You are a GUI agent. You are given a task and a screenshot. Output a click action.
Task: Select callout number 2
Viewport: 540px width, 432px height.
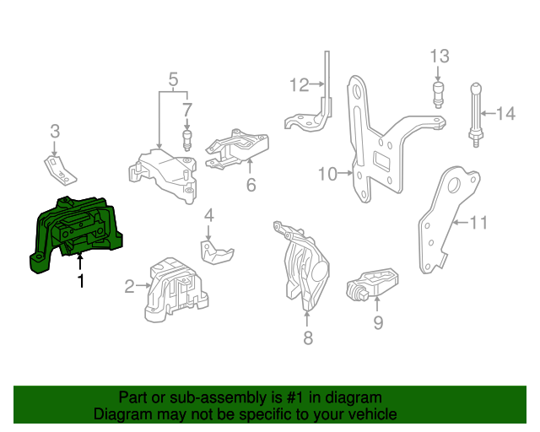[129, 287]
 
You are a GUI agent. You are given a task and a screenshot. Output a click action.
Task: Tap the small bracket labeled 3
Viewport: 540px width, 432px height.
[58, 167]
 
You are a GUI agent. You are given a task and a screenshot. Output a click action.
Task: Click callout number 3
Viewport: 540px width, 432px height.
[55, 131]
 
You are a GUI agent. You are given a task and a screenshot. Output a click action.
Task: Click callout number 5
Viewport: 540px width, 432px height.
[173, 81]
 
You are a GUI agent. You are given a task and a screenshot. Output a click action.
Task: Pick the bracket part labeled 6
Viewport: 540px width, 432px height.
[239, 150]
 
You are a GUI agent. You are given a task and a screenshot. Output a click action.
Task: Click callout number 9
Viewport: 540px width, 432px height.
[378, 321]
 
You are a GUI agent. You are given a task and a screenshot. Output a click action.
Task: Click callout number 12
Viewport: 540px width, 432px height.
[300, 84]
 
